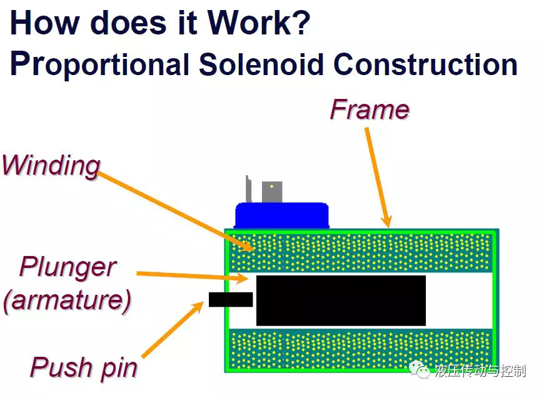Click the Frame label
click(x=370, y=110)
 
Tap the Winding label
click(x=51, y=165)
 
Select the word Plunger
click(x=68, y=267)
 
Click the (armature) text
click(x=68, y=300)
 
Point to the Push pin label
click(x=84, y=367)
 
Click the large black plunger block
click(x=341, y=300)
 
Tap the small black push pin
click(x=231, y=299)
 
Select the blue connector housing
click(x=281, y=215)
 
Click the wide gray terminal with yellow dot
click(x=272, y=192)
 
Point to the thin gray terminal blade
click(x=248, y=189)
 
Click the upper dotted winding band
click(x=361, y=252)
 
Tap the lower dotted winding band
click(x=361, y=349)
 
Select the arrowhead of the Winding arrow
click(x=249, y=247)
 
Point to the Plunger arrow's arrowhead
click(x=243, y=277)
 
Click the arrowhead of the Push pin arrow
click(x=200, y=305)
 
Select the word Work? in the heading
click(x=259, y=23)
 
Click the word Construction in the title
click(x=426, y=64)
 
